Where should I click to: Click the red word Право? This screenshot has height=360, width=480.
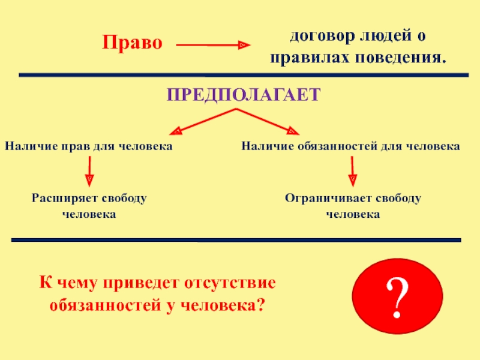tap(132, 43)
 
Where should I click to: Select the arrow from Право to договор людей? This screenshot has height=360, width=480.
tap(211, 45)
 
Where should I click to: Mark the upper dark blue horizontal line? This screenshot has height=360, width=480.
tap(243, 76)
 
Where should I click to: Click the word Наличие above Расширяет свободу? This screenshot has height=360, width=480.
tap(26, 146)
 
